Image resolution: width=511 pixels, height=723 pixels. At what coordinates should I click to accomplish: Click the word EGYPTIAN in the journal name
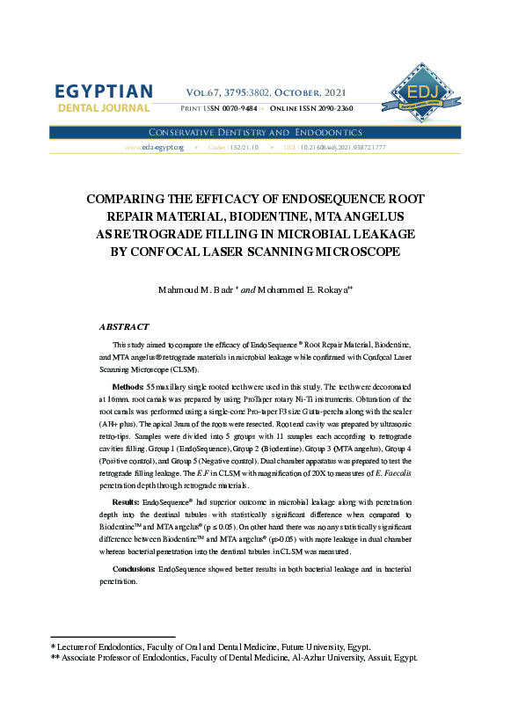pyautogui.click(x=104, y=92)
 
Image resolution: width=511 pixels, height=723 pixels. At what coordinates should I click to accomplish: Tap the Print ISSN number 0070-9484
pyautogui.click(x=237, y=108)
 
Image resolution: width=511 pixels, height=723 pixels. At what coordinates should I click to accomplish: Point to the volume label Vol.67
pyautogui.click(x=205, y=91)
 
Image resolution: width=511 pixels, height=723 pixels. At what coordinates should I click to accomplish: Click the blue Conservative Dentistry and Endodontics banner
pyautogui.click(x=255, y=132)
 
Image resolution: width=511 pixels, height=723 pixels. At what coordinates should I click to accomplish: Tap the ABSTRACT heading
pyautogui.click(x=124, y=326)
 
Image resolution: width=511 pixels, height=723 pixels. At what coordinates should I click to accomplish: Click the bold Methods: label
pyautogui.click(x=128, y=387)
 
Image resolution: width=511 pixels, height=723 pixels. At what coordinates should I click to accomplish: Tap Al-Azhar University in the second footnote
pyautogui.click(x=329, y=657)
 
